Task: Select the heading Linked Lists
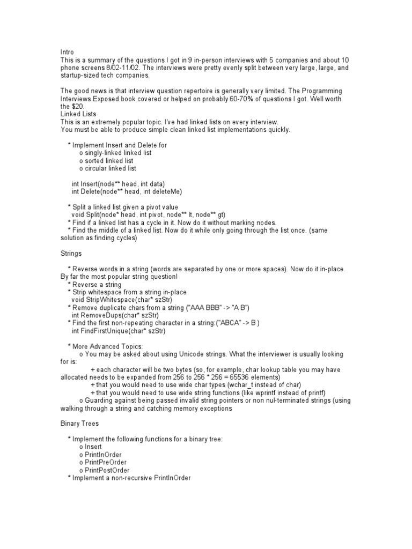tap(78, 114)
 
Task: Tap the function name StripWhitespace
tap(114, 300)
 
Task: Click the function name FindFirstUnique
tap(110, 331)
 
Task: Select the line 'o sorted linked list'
tap(106, 160)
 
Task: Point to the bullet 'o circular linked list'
tap(107, 168)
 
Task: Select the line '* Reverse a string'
tap(94, 284)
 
